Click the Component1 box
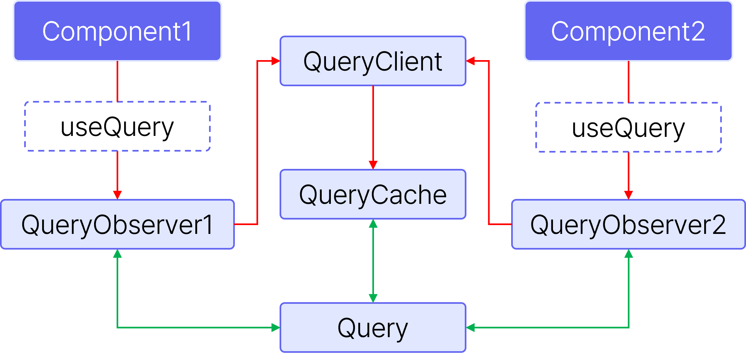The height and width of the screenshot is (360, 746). pos(117,31)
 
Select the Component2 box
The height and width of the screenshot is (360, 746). pos(628,31)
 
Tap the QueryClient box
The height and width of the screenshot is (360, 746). pos(373,61)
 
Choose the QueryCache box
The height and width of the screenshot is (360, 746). pos(373,194)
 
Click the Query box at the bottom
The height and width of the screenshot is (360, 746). pos(373,328)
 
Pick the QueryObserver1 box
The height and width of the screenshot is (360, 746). pos(117,224)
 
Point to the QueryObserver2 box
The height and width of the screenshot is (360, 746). pos(628,224)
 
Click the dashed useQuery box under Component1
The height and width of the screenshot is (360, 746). pos(117,126)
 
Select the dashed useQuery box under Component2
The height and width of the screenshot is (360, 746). pos(628,127)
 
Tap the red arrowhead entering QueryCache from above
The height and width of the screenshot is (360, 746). pos(373,165)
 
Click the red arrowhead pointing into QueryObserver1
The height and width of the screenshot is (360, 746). pos(117,195)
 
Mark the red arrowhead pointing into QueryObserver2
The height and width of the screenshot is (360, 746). pos(628,195)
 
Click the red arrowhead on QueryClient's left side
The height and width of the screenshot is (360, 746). pos(276,61)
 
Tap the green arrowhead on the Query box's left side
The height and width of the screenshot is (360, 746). pos(276,328)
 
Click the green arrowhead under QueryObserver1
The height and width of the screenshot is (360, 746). pos(117,254)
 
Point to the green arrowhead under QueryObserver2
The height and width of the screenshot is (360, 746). pos(629,254)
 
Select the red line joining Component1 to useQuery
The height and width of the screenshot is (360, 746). pos(117,81)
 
